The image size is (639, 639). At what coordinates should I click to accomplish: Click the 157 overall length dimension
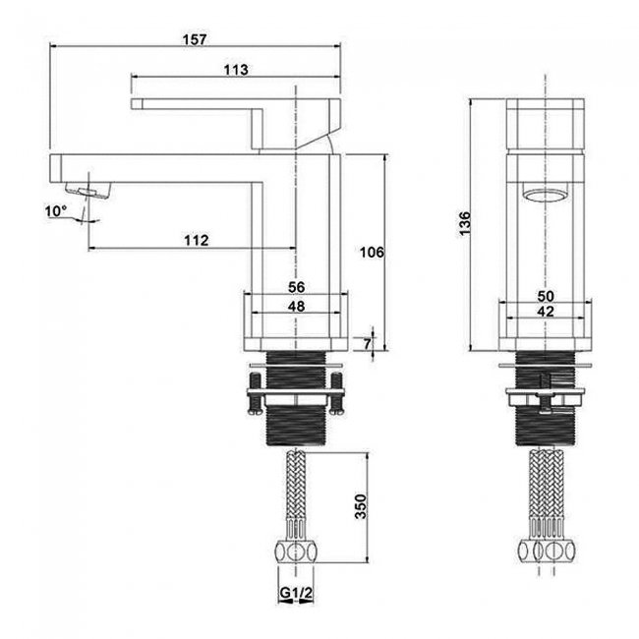click(x=195, y=40)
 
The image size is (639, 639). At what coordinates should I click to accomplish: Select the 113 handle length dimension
click(x=236, y=70)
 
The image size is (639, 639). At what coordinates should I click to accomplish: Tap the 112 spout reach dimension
click(x=197, y=241)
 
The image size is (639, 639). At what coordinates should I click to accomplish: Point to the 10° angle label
click(x=55, y=211)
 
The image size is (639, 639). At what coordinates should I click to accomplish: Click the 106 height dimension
click(x=372, y=253)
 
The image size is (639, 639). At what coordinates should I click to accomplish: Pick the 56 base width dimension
click(x=296, y=287)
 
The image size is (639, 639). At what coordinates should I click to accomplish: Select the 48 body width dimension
click(x=296, y=306)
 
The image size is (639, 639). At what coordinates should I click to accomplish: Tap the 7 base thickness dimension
click(x=368, y=343)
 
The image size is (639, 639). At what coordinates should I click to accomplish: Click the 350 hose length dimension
click(x=361, y=506)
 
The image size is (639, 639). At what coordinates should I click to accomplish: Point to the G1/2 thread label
click(x=296, y=593)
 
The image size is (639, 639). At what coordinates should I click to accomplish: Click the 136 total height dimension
click(x=465, y=223)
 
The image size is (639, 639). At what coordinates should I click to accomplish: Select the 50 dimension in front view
click(x=546, y=296)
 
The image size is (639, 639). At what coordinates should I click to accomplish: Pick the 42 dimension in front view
click(x=546, y=312)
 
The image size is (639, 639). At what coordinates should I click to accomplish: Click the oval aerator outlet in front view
click(x=546, y=195)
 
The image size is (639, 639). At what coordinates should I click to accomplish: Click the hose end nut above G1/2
click(x=296, y=552)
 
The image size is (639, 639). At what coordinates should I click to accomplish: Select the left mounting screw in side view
click(x=254, y=393)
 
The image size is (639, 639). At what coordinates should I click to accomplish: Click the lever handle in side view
click(x=236, y=124)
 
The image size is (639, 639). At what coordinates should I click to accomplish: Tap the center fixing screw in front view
click(x=546, y=394)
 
